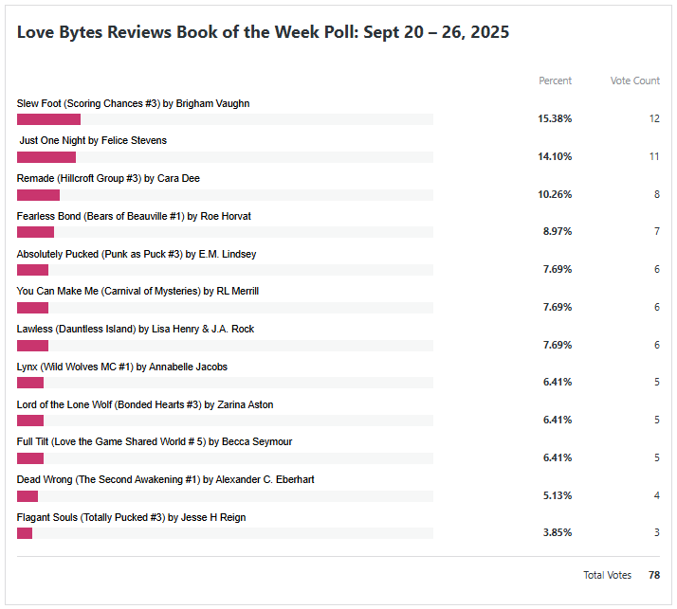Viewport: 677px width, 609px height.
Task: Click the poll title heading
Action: point(263,32)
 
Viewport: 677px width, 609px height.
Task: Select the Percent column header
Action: point(555,81)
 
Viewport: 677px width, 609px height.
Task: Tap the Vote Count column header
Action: point(634,81)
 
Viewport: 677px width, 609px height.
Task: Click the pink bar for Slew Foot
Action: point(48,119)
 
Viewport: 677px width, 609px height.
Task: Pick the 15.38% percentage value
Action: point(555,119)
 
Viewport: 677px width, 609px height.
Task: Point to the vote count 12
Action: point(653,119)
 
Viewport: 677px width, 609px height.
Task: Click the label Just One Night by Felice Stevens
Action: point(93,140)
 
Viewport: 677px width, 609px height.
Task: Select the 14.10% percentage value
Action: point(555,157)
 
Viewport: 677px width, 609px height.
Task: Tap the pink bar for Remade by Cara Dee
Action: point(38,195)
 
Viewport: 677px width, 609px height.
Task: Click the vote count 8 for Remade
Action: point(656,195)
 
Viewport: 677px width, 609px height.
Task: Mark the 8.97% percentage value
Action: point(557,232)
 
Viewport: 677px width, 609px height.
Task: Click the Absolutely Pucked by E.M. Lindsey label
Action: point(137,254)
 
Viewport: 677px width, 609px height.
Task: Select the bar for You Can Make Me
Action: point(32,308)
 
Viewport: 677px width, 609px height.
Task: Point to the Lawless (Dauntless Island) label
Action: point(136,329)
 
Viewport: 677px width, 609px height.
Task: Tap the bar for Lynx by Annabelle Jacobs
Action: point(30,384)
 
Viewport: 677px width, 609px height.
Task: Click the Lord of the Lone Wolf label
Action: point(145,404)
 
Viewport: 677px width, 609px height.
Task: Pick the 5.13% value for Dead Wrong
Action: point(557,495)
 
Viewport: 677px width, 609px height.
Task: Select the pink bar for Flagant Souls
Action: point(25,533)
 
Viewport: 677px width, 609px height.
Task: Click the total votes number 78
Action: point(654,575)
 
